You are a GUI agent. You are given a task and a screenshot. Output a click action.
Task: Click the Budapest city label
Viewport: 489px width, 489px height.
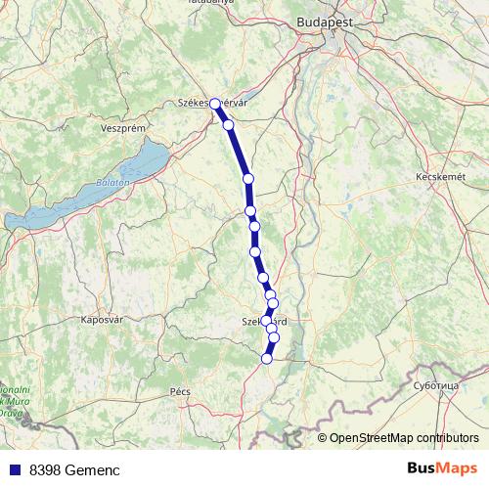pyautogui.click(x=328, y=19)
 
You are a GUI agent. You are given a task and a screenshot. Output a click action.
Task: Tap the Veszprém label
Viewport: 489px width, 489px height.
pyautogui.click(x=123, y=128)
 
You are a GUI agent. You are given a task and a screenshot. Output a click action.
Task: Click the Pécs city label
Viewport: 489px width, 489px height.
pyautogui.click(x=180, y=390)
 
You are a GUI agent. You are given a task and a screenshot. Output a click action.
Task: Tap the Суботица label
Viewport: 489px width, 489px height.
pyautogui.click(x=436, y=385)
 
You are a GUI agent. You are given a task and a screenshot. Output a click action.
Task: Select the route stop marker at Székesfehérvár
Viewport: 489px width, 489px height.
pyautogui.click(x=215, y=103)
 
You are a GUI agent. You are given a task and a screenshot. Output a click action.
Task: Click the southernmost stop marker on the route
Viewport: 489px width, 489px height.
pyautogui.click(x=266, y=359)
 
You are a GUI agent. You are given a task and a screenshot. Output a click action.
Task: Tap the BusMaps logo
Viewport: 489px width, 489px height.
pyautogui.click(x=441, y=468)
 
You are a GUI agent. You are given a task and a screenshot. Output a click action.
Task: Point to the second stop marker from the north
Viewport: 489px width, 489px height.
pyautogui.click(x=228, y=125)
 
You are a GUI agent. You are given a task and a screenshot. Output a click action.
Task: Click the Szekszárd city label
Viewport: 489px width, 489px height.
pyautogui.click(x=264, y=320)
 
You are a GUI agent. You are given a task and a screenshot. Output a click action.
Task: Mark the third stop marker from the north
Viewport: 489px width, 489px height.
pyautogui.click(x=248, y=178)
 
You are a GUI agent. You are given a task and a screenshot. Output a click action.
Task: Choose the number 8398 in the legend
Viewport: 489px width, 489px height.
pyautogui.click(x=45, y=470)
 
